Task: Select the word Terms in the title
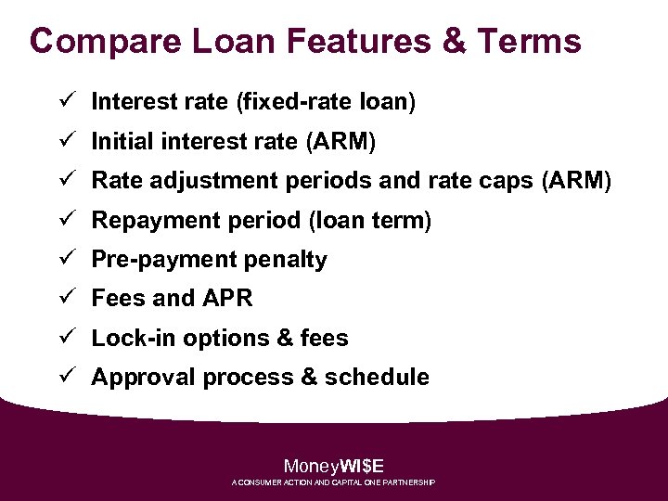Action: (x=530, y=42)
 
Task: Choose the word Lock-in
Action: (x=134, y=339)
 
